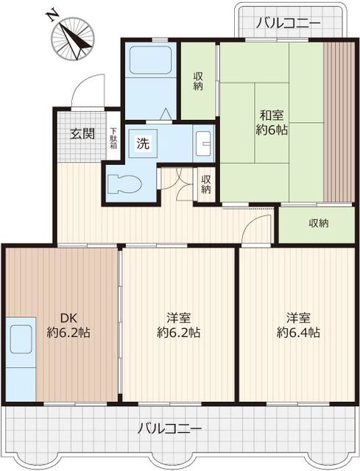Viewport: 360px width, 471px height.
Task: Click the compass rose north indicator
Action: coord(72,38)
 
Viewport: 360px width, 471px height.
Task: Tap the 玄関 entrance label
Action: coord(82,134)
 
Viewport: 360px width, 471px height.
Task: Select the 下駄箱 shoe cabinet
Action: coord(113,138)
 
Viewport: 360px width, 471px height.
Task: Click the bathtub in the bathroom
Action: coord(150,60)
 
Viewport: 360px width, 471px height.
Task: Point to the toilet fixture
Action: coord(124,183)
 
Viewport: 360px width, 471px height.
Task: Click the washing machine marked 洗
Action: coord(143,144)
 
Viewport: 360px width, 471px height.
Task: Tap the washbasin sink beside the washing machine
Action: coord(203,144)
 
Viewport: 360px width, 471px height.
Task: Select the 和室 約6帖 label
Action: coord(272,123)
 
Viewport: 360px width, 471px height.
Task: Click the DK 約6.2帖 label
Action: coord(68,325)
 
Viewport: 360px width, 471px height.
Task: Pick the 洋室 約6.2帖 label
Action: coord(179,325)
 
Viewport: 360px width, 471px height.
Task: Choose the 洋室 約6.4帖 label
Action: coord(298,325)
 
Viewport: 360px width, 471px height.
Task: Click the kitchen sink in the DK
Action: coord(21,339)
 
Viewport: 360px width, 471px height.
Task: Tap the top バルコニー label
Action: coord(289,23)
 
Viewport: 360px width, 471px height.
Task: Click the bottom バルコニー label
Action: coord(169,428)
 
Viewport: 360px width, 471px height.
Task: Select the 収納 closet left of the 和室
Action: coord(198,81)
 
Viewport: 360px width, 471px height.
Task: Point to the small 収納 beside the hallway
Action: coord(206,185)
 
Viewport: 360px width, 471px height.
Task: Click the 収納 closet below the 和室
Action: coord(317,224)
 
